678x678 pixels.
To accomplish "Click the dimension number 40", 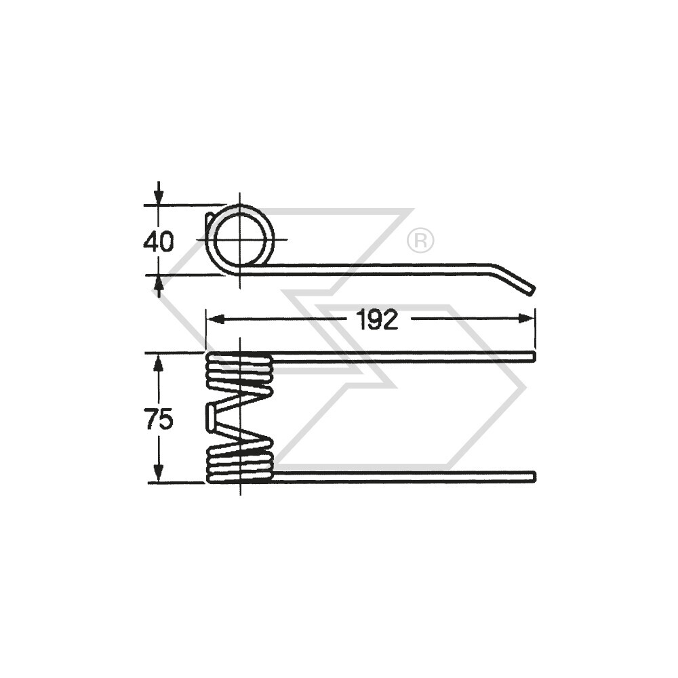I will pyautogui.click(x=158, y=241).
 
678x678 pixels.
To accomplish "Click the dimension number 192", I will pyautogui.click(x=378, y=319).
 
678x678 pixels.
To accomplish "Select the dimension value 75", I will pyautogui.click(x=158, y=420).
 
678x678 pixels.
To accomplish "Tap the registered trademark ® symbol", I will pyautogui.click(x=420, y=240).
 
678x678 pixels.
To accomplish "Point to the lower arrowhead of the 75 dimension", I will pyautogui.click(x=159, y=474).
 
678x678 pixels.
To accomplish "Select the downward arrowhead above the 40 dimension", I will pyautogui.click(x=159, y=196).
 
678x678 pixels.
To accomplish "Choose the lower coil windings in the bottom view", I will pyautogui.click(x=239, y=461).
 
